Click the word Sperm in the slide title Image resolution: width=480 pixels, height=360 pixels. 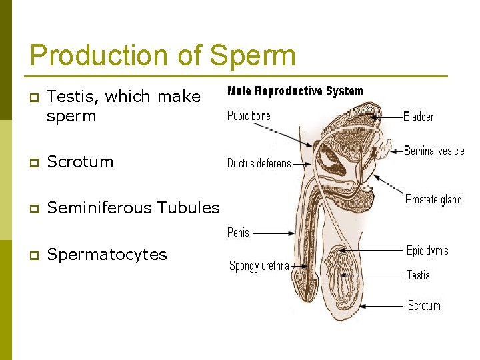[252, 55]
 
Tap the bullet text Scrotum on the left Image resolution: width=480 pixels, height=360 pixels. [81, 161]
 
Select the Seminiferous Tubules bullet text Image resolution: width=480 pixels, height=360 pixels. [133, 208]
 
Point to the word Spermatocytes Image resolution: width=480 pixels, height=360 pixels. [107, 255]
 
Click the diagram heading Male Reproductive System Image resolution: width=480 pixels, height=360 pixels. [295, 91]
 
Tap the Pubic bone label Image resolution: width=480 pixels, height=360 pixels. [249, 116]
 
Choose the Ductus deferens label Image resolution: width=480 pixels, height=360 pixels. [259, 163]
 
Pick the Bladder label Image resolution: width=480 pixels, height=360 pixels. [418, 117]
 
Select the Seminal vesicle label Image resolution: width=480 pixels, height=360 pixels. [434, 151]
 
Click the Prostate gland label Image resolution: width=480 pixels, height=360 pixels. [433, 199]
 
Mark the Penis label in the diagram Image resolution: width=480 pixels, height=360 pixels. [238, 233]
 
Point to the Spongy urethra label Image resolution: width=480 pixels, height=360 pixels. [259, 266]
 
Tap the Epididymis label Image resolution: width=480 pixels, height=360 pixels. [427, 251]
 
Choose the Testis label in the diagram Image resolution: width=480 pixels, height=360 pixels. [418, 275]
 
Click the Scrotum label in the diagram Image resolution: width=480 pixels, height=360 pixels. [424, 305]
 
